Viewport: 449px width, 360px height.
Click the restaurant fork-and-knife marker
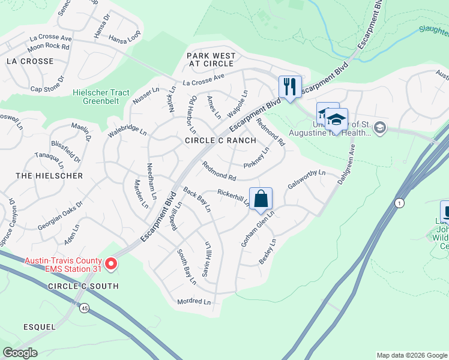290,86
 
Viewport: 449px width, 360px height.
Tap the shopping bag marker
261,199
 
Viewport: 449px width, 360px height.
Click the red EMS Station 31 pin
111,263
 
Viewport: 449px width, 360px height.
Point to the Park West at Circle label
211,60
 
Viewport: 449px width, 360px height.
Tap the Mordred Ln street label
194,302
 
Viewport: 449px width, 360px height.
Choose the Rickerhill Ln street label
234,197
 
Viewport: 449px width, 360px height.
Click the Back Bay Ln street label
197,200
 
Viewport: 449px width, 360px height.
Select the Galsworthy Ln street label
306,179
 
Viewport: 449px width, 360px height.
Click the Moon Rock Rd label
49,46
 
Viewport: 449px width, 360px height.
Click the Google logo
20,353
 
